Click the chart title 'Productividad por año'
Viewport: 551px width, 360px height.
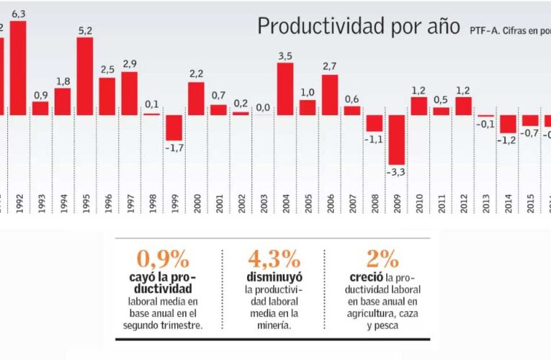(359, 27)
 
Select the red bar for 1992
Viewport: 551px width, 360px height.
(18, 68)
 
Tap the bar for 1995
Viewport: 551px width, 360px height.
(85, 76)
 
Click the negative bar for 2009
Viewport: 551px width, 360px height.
(396, 140)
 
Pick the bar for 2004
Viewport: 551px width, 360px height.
(285, 89)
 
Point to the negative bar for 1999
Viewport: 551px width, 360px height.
(174, 127)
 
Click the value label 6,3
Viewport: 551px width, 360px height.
(19, 14)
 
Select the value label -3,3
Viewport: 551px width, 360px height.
(396, 173)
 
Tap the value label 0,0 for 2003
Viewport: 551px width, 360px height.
(263, 107)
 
